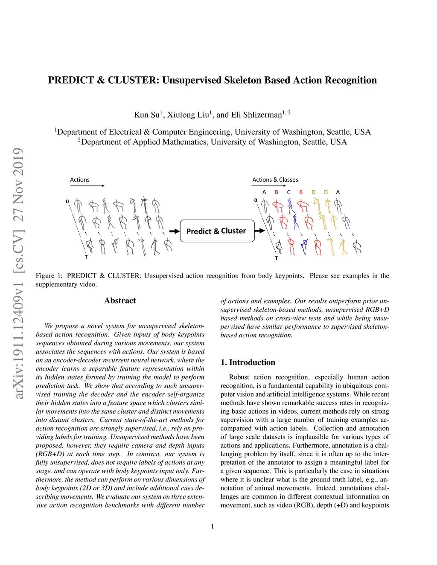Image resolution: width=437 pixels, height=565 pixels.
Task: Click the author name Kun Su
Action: pyautogui.click(x=147, y=115)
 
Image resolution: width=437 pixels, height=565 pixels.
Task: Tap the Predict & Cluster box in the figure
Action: pyautogui.click(x=217, y=231)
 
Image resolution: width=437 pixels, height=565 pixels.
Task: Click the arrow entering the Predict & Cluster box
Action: pyautogui.click(x=175, y=231)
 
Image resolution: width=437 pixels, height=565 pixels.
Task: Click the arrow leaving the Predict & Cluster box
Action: pyautogui.click(x=260, y=231)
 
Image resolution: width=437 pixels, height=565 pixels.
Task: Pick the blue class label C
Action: pyautogui.click(x=288, y=192)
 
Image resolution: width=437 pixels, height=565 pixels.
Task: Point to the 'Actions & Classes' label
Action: pyautogui.click(x=275, y=180)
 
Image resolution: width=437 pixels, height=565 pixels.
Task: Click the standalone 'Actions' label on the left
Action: pyautogui.click(x=80, y=180)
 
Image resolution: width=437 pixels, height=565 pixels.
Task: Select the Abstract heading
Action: pyautogui.click(x=120, y=301)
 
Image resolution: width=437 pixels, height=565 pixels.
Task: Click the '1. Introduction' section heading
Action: pyautogui.click(x=248, y=362)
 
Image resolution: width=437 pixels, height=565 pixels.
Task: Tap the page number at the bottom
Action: pyautogui.click(x=213, y=526)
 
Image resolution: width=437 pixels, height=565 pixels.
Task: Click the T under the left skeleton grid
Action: pyautogui.click(x=86, y=257)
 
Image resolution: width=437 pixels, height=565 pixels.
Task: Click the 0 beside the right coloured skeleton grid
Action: pyautogui.click(x=256, y=200)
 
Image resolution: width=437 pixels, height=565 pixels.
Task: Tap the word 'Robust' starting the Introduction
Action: pyautogui.click(x=239, y=377)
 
